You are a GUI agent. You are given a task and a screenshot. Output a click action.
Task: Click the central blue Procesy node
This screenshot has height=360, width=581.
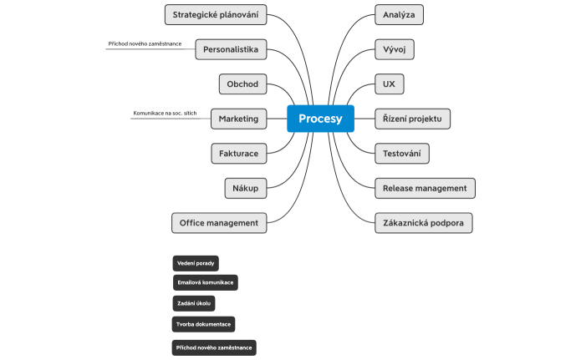(320, 119)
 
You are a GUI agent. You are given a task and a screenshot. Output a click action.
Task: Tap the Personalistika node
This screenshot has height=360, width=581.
(232, 49)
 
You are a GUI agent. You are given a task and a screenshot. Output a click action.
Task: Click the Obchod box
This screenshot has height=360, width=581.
(243, 84)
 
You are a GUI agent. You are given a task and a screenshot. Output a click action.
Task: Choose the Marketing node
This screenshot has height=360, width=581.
(238, 119)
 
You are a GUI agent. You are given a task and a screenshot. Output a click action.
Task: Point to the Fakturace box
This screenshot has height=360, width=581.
(238, 154)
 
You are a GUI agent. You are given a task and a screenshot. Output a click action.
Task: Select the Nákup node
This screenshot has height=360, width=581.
(246, 189)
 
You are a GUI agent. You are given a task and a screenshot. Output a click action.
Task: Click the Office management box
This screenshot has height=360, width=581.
(220, 223)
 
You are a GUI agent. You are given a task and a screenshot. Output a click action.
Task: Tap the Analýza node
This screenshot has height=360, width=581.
(399, 14)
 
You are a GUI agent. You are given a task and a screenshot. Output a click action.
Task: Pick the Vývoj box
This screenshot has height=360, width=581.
(394, 49)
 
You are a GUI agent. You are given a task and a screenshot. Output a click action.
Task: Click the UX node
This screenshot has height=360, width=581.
(389, 84)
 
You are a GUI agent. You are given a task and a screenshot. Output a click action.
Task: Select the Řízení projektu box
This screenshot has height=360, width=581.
(412, 119)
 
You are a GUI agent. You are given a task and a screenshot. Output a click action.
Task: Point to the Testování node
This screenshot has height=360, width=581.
(401, 154)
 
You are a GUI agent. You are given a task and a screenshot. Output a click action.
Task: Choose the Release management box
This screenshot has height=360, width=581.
(425, 188)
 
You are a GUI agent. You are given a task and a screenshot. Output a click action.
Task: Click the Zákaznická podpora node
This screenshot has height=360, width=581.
(424, 223)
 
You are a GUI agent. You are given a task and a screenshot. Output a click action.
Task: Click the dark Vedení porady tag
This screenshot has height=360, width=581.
(196, 264)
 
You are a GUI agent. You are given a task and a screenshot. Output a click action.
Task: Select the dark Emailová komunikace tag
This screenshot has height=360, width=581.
(205, 282)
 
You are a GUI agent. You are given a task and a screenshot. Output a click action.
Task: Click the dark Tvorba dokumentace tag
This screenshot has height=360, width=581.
(203, 323)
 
